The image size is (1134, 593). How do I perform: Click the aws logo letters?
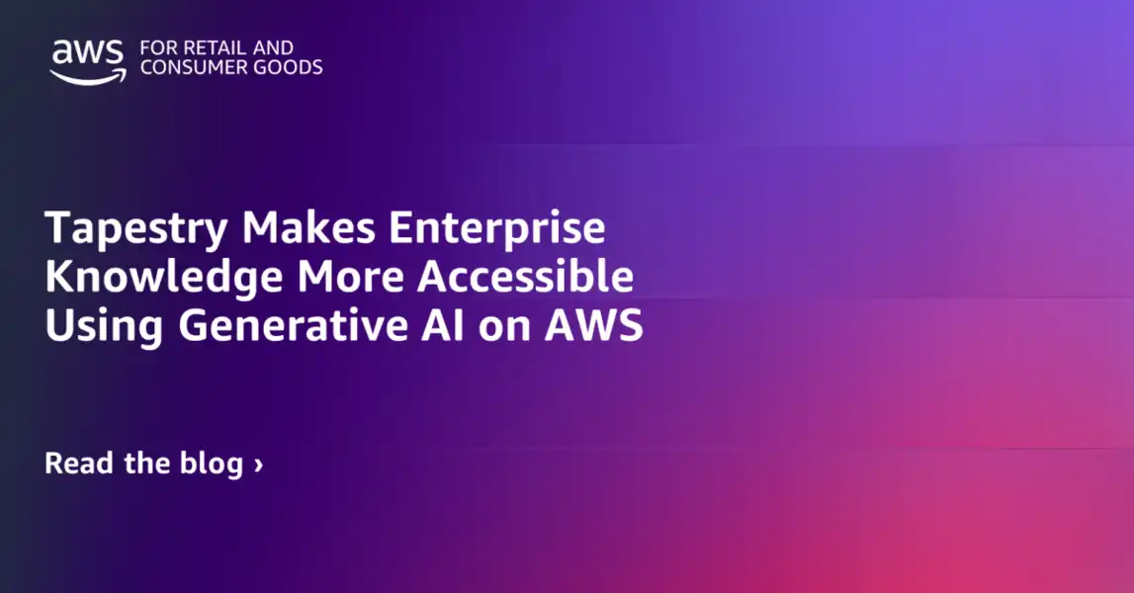coord(87,53)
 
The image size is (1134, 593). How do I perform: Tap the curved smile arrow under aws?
coord(89,76)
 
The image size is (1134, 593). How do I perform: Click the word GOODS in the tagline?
coord(291,67)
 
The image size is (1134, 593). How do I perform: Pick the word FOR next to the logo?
coord(157,47)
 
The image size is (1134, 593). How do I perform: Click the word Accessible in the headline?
coord(525,278)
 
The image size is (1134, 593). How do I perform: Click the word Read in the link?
coord(78,463)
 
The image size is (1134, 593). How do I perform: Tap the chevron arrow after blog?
coord(258,464)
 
